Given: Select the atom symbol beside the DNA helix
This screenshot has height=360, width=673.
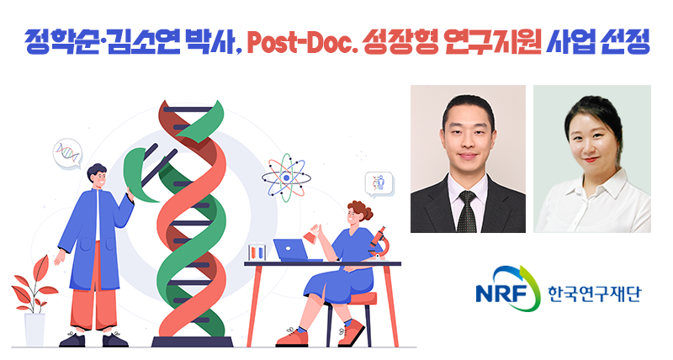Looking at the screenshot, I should [285, 177].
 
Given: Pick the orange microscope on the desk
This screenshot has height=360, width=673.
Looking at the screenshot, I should [378, 240].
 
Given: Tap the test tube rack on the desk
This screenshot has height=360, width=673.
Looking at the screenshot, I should [258, 251].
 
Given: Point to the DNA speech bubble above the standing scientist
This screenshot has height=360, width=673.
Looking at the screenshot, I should [67, 151].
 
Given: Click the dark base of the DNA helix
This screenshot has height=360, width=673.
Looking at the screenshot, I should [192, 341].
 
